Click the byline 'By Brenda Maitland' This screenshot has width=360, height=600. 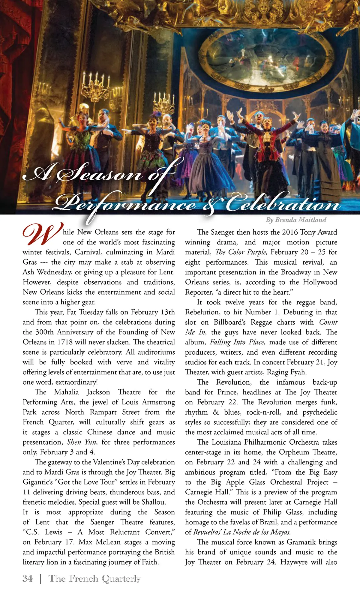tap(296, 220)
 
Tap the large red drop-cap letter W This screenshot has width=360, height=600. tap(42, 235)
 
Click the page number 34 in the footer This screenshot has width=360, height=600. tap(28, 578)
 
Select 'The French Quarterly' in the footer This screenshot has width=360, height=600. tap(94, 578)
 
